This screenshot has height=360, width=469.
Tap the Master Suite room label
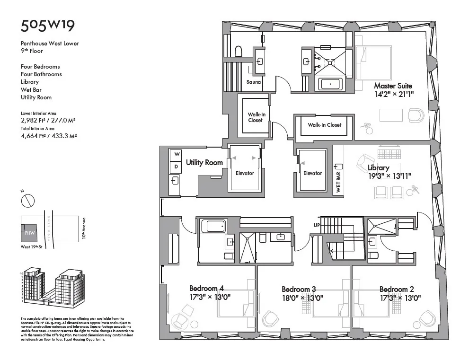click(393, 86)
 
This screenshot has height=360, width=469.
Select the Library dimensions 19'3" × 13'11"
click(390, 176)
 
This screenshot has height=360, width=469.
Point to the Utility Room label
click(204, 163)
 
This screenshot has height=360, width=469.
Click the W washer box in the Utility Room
click(175, 154)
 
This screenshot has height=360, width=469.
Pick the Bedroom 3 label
click(299, 290)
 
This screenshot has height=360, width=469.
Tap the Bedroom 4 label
click(206, 288)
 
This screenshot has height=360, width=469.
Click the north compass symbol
click(28, 201)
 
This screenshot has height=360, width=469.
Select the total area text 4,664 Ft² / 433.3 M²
click(49, 135)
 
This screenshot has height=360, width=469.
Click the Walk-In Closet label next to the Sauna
click(255, 117)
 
